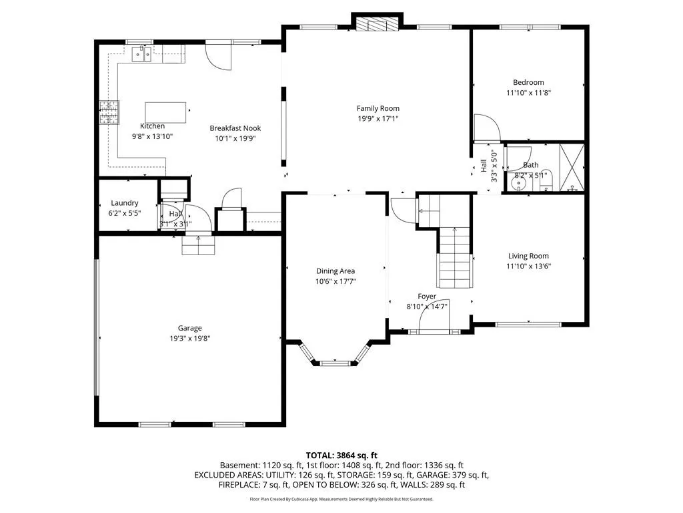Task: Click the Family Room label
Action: coord(378,108)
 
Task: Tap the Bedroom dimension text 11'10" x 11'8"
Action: coord(528,92)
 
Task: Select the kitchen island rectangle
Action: coord(165,112)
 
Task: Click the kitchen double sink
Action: coord(141,55)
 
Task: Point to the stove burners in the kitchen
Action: coord(109,112)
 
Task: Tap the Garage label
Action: coord(189,328)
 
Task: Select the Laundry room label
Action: coord(125,203)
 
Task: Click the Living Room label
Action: coord(528,256)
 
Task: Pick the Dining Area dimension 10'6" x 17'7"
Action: coord(335,281)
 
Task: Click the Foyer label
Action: coord(427,296)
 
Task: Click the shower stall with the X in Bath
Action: coord(571,168)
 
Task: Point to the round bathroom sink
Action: coord(518,184)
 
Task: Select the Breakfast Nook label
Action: coord(235,128)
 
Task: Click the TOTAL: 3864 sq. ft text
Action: coord(341,456)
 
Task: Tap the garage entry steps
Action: coord(199,245)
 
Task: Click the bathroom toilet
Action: coord(546,181)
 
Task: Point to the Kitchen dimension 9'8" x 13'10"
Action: coord(153,136)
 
